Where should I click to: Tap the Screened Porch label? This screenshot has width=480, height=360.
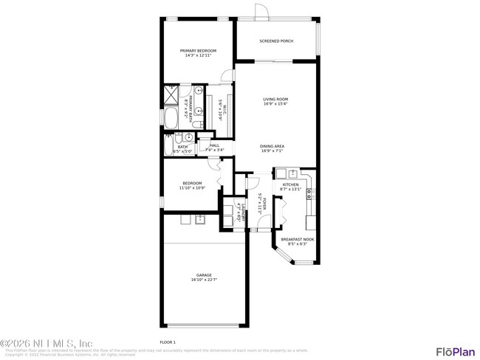[x=276, y=41]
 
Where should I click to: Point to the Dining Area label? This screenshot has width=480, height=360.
[x=272, y=146]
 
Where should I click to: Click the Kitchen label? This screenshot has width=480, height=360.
[x=290, y=184]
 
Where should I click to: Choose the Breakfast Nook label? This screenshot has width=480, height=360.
[x=297, y=239]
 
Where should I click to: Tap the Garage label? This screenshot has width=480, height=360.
[x=204, y=275]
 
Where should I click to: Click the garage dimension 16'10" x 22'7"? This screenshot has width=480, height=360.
[x=204, y=280]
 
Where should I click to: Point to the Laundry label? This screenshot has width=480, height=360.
[x=241, y=212]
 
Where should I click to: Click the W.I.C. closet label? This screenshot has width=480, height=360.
[x=221, y=109]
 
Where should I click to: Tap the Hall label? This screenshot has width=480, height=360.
[x=215, y=145]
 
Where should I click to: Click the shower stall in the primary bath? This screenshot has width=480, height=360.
[x=171, y=95]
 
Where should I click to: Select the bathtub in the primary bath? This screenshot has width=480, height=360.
[x=171, y=119]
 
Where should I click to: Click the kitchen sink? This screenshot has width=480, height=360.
[x=292, y=174]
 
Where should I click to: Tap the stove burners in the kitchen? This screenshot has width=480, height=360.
[x=310, y=194]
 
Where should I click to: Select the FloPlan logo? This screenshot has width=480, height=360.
[x=455, y=350]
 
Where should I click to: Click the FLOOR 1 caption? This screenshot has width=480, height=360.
[x=168, y=342]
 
